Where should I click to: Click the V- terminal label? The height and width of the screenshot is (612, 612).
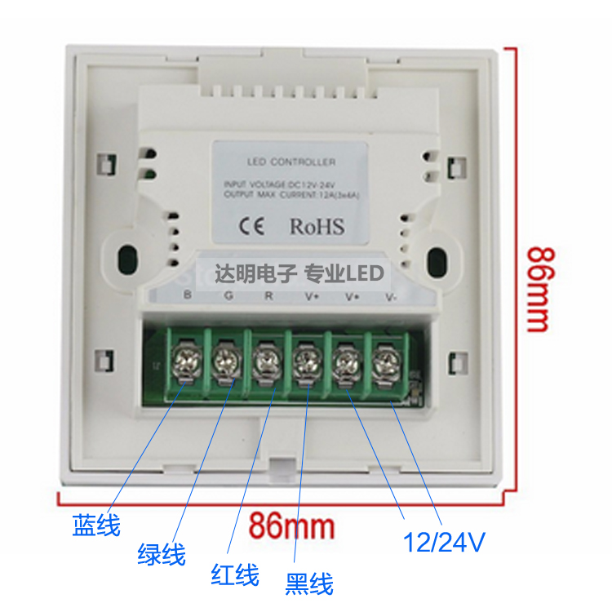tap(392, 296)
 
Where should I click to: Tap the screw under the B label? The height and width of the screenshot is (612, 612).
tap(182, 357)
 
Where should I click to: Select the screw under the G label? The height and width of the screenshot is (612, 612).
tap(224, 358)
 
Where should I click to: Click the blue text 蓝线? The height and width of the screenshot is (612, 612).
tap(95, 525)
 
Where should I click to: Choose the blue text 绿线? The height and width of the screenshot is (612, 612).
tap(161, 554)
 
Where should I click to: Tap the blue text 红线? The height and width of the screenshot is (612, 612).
tap(235, 574)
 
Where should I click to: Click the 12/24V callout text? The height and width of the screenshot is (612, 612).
tap(446, 541)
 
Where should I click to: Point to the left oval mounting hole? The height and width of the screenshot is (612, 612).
tap(126, 259)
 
